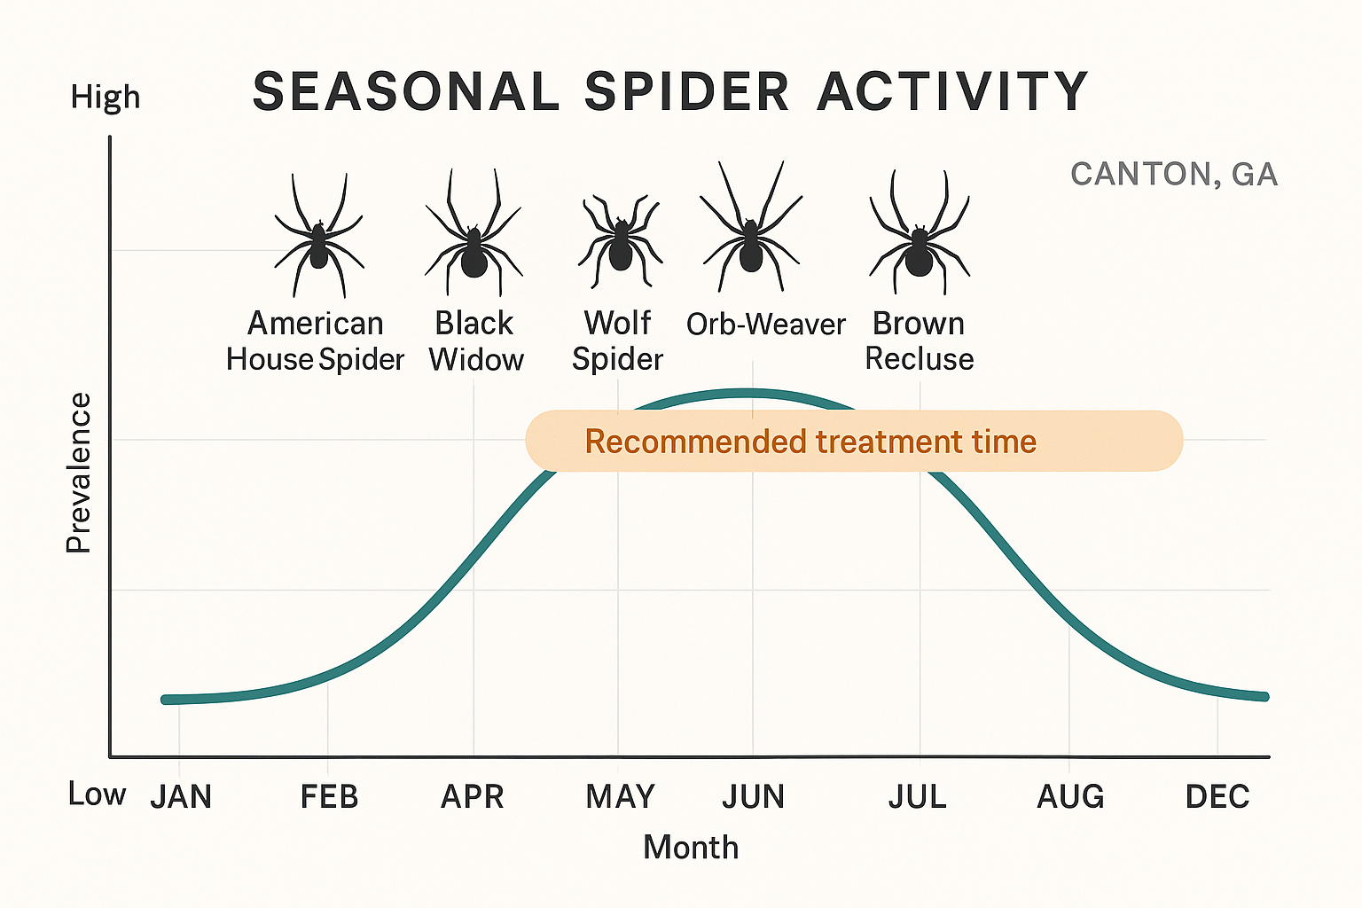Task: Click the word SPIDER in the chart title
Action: pos(686,91)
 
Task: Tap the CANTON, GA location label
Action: pos(1174,174)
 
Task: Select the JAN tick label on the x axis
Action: pos(181,796)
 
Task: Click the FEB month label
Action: pos(329,796)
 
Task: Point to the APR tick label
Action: pos(473,796)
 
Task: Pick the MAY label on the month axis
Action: pos(620,796)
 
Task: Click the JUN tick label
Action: pos(753,796)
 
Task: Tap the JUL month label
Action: pos(918,796)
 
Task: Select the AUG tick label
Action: pos(1070,796)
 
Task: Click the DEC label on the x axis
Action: pos(1217,796)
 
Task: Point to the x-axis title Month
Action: pos(691,847)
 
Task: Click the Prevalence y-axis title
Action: pos(79,473)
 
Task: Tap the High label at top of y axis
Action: pos(106,97)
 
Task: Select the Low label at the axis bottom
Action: pos(97,794)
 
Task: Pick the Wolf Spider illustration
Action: pos(620,243)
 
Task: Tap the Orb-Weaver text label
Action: pos(766,325)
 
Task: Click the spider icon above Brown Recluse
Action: pos(919,238)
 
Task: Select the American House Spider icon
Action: pos(318,239)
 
